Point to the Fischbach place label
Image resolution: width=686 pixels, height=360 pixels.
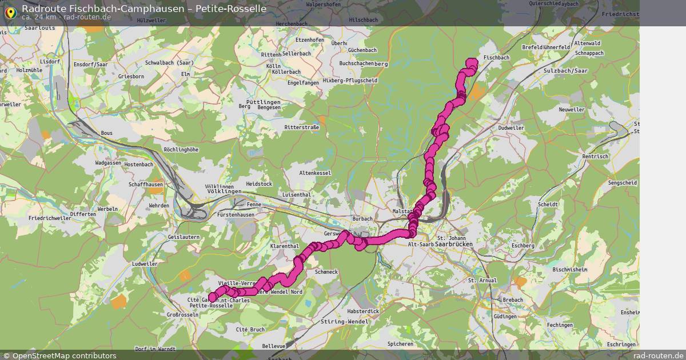[x=496, y=58]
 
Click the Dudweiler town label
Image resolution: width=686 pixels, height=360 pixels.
[x=511, y=128]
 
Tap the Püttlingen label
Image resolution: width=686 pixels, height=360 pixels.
[x=263, y=102]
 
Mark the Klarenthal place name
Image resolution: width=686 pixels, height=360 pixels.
[x=285, y=246]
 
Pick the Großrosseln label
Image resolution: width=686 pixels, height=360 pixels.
[x=180, y=315]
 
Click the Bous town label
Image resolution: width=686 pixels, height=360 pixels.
[x=107, y=133]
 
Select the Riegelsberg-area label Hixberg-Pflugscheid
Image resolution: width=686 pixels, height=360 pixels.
[x=350, y=81]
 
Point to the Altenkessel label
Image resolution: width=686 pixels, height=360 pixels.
[x=315, y=173]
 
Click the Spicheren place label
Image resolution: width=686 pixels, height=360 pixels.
[x=400, y=344]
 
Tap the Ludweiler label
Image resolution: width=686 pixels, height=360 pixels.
[x=145, y=264]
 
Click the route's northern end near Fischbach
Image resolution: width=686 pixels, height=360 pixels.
[x=472, y=62]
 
